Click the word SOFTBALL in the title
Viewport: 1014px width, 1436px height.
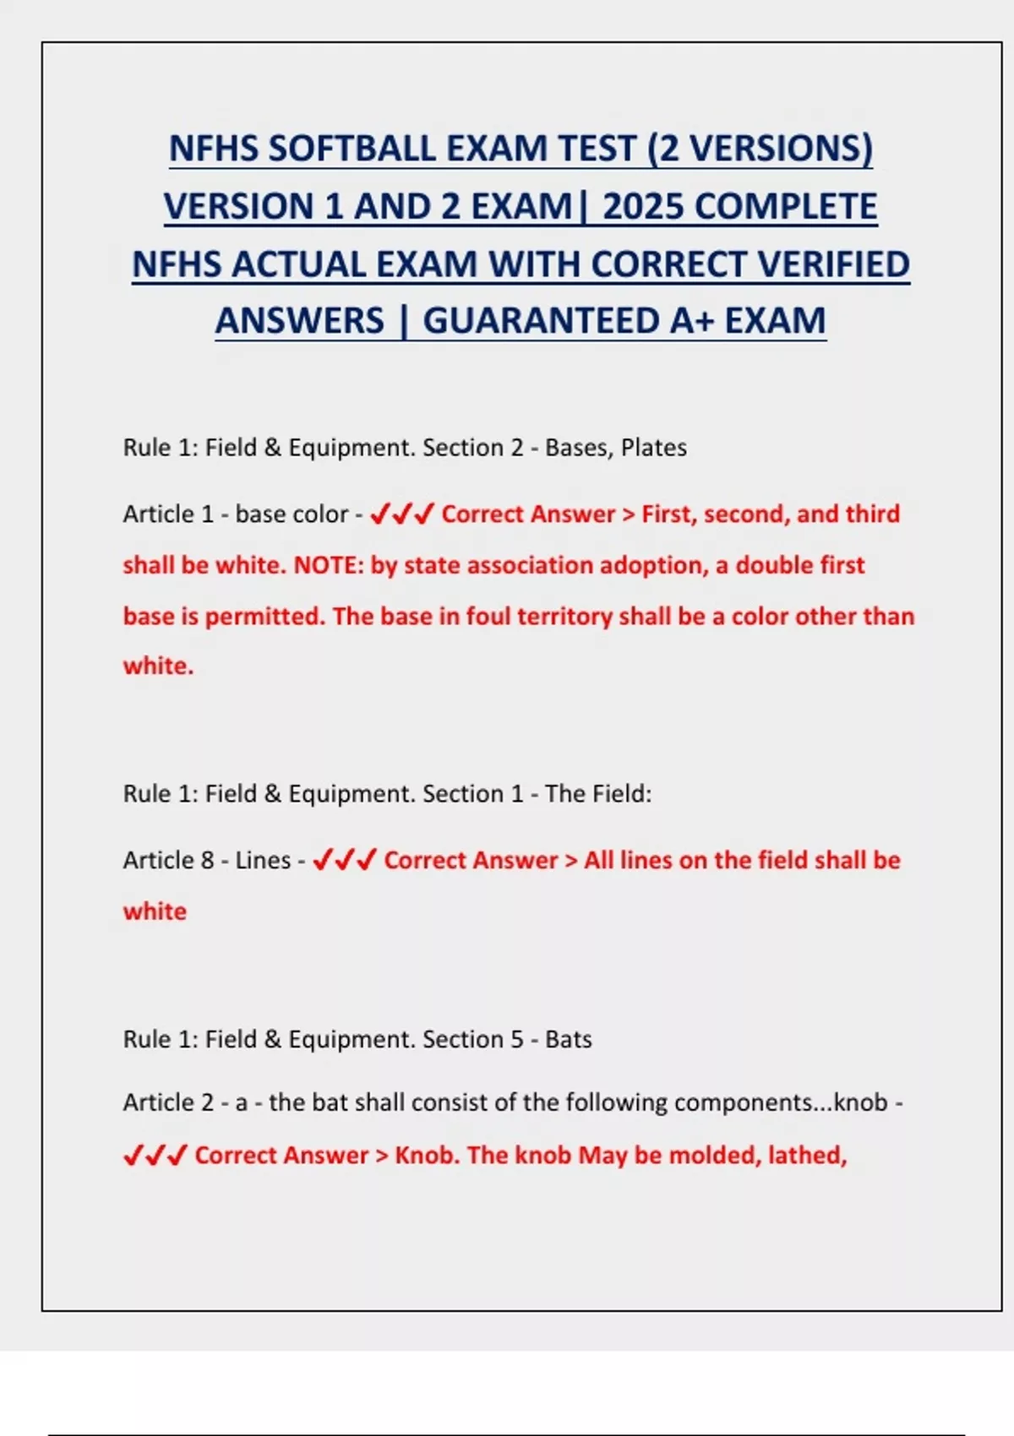(x=351, y=150)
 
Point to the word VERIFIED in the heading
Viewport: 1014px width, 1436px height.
(x=833, y=264)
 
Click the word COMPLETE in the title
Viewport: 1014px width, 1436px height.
(x=787, y=207)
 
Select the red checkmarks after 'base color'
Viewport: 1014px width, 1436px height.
(x=402, y=514)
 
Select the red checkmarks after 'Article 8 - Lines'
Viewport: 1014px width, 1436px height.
(x=344, y=861)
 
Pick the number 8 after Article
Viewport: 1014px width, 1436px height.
(x=208, y=861)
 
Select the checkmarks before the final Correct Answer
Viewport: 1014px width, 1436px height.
(x=155, y=1155)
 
